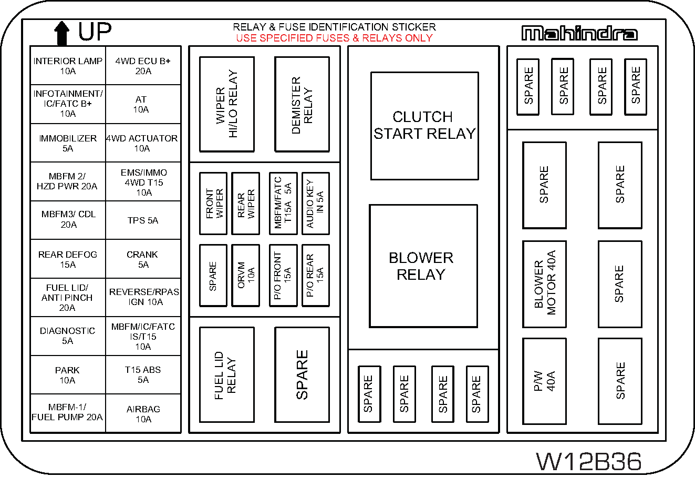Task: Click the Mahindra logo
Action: pos(579,33)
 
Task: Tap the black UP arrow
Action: pos(62,33)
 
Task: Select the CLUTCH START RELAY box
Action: pos(424,126)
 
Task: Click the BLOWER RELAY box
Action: pos(423,266)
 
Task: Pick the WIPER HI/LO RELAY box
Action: pos(227,104)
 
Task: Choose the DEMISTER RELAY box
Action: pos(302,104)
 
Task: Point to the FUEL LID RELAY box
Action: pos(227,374)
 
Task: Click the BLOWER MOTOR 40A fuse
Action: pos(544,284)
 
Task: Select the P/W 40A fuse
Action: pos(544,381)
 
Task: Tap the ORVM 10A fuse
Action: pos(245,275)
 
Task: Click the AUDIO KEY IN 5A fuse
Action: pos(315,203)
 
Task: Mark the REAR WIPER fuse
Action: pos(245,203)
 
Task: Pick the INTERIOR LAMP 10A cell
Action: pos(68,66)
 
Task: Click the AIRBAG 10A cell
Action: pos(143,414)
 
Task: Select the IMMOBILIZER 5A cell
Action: pos(68,143)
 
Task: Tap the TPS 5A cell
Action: pos(143,220)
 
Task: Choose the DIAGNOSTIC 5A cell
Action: pos(68,336)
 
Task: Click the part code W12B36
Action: pos(589,462)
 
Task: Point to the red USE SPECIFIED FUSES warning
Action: pos(334,38)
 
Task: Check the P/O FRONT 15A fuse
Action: pos(283,275)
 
